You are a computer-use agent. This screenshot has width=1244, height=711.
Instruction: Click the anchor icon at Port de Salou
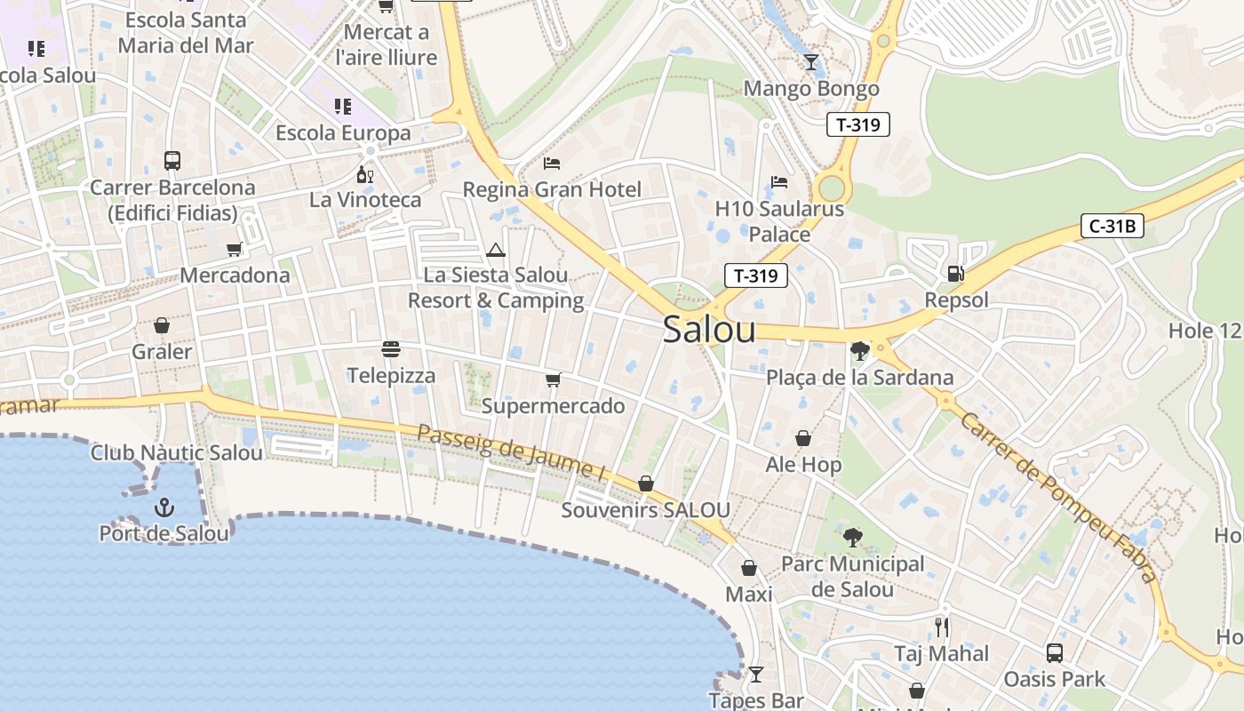[163, 507]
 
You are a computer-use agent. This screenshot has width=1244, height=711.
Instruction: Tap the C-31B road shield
[1112, 226]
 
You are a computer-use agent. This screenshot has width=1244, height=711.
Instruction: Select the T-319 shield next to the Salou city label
[756, 276]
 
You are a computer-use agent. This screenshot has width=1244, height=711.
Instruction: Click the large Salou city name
[709, 330]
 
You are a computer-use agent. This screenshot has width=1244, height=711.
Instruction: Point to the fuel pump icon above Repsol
[956, 274]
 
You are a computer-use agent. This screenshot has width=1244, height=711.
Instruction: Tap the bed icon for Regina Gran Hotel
[552, 164]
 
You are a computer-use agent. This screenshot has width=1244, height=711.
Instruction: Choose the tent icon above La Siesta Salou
[496, 250]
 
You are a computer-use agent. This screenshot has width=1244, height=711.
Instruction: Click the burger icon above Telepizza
[391, 348]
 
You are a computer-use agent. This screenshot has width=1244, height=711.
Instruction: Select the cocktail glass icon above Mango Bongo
[810, 62]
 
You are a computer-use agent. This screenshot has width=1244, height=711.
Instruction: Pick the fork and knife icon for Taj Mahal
[941, 627]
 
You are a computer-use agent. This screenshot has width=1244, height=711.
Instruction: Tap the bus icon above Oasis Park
[1054, 653]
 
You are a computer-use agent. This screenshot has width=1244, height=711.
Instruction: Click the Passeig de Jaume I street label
[512, 453]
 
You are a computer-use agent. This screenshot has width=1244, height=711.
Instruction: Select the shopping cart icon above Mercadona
[235, 250]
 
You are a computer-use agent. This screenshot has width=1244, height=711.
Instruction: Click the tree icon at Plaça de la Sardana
[859, 351]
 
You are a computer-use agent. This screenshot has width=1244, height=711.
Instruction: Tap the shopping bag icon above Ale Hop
[803, 438]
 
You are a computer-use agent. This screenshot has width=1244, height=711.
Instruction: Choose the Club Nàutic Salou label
[177, 452]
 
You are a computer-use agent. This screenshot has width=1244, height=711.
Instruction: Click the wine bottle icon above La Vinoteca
[364, 174]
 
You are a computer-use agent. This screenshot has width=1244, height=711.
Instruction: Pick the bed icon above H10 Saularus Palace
[779, 182]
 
